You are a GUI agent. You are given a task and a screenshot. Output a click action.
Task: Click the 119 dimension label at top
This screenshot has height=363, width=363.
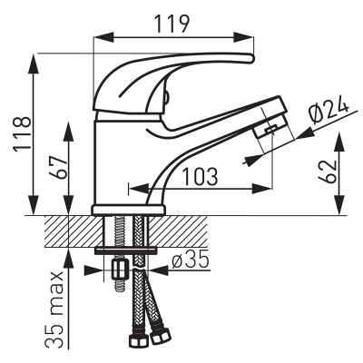172,24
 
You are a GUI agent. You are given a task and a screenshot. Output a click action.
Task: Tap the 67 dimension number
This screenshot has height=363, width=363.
58,168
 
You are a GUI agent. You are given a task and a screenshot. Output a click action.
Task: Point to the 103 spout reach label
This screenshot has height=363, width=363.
201,177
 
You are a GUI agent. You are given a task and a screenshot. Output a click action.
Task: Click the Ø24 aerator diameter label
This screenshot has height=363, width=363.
329,111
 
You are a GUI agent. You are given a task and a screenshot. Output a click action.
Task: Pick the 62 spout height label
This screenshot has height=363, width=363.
329,172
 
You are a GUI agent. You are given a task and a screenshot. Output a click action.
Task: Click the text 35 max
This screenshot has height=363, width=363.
54,309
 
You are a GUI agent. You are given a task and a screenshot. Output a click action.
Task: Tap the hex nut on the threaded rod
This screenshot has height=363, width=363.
119,270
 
